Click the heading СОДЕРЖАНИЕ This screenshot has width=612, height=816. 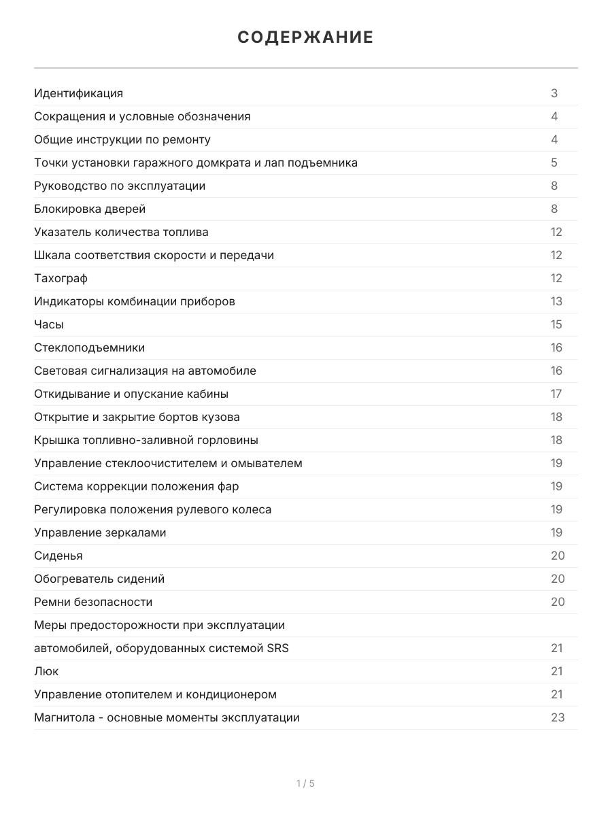point(305,37)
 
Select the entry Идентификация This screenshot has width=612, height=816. point(78,93)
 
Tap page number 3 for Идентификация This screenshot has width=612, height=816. point(554,93)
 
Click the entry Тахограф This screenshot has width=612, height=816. point(61,278)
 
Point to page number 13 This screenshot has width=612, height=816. point(556,301)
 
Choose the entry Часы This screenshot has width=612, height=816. point(49,324)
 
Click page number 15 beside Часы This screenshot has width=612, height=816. point(556,324)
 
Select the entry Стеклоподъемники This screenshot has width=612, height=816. point(89,347)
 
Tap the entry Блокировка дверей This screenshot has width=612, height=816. point(90,209)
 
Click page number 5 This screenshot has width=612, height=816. point(554,163)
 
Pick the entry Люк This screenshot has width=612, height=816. point(46,671)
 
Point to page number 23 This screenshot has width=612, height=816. point(558,717)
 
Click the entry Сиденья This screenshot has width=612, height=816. point(58,556)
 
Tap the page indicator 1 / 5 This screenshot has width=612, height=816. point(305,783)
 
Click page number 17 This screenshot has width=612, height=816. point(556,394)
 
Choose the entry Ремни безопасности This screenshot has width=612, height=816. point(93,602)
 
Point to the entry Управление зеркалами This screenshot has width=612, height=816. point(100,532)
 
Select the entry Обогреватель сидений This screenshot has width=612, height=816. point(99,579)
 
